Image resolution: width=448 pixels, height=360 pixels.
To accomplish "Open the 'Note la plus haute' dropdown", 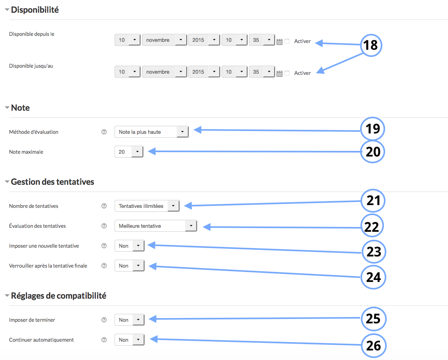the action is (x=152, y=132).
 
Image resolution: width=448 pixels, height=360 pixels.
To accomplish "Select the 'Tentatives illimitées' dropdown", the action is (x=147, y=206).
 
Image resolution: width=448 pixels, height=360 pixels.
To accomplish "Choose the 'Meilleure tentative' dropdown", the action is (x=156, y=226).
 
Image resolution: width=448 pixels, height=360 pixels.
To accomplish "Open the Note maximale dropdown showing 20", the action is (x=129, y=152).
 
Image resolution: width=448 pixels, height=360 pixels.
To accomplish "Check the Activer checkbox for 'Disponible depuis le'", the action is (x=287, y=41).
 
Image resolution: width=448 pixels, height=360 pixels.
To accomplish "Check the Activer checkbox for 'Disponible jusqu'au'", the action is (x=287, y=73).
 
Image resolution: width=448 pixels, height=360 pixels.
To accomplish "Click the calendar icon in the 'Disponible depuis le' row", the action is (x=279, y=42).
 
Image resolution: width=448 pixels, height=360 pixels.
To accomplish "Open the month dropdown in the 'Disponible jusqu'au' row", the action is (x=165, y=72).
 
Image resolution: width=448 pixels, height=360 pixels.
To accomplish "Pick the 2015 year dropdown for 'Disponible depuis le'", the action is (x=204, y=40).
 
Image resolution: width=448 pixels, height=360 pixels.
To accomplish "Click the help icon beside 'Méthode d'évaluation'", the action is (x=104, y=132).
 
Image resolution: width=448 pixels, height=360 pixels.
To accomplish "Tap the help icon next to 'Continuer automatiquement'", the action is (x=104, y=340).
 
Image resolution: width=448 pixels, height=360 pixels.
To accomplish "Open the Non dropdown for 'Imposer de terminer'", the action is (x=129, y=320).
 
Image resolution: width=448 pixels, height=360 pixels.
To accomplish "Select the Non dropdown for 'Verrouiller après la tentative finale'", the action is (x=129, y=266).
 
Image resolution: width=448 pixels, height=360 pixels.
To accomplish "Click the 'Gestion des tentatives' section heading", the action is (x=53, y=182).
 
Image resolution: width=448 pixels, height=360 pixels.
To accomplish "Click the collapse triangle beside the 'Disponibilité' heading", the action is (x=7, y=10).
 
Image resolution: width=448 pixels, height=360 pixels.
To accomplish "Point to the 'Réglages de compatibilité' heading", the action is (x=58, y=295).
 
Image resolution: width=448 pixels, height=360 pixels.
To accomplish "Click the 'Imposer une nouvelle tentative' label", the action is (x=44, y=246).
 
